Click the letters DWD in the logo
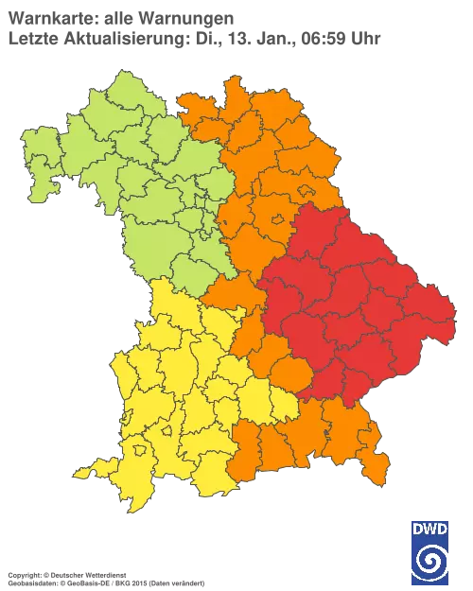pos(430,528)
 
